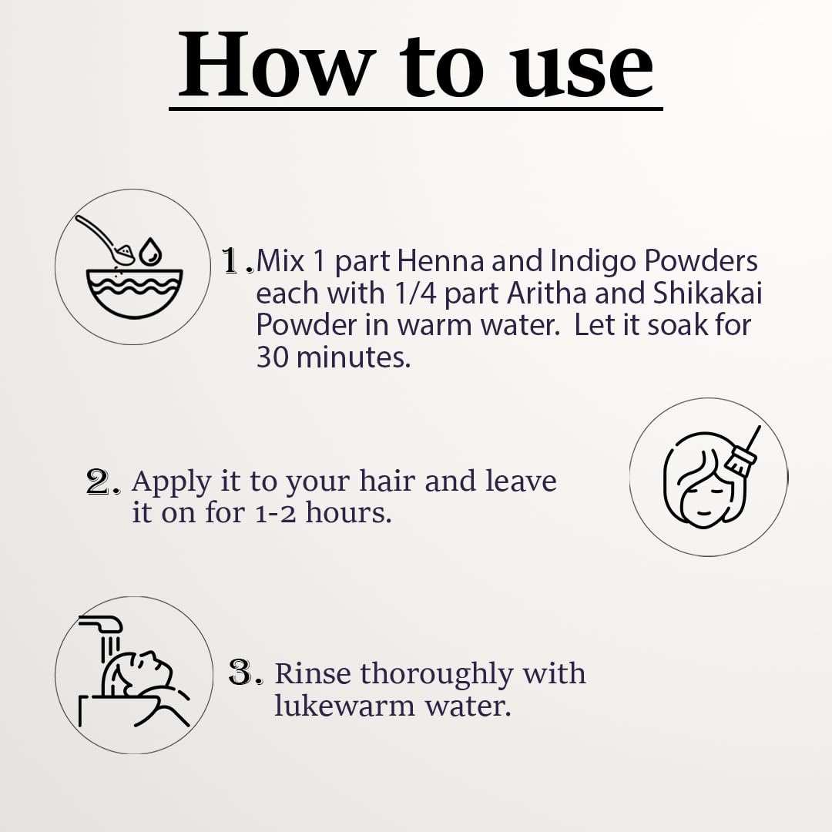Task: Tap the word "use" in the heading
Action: [582, 72]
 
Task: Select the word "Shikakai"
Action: [707, 293]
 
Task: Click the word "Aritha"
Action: [546, 293]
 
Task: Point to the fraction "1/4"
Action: [416, 294]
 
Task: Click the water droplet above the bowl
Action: [150, 251]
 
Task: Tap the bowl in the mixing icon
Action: [134, 293]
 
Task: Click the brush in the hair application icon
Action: [742, 450]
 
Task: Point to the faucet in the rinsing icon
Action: [101, 624]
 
